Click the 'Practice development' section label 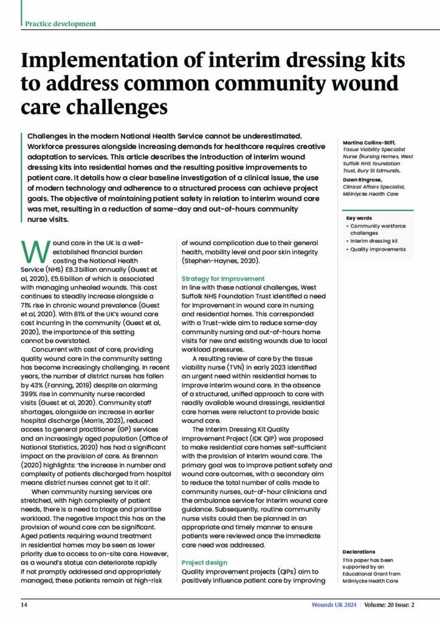click(60, 24)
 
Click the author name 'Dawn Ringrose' click(362, 179)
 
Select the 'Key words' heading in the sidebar click(359, 218)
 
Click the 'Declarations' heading click(359, 552)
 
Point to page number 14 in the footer click(25, 605)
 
